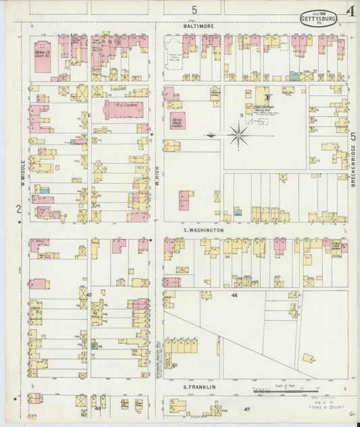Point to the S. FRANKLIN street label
coord(200,387)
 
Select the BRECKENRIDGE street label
coord(353,163)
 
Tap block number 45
coord(90,295)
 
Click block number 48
coord(98,408)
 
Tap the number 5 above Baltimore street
coord(195,10)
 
